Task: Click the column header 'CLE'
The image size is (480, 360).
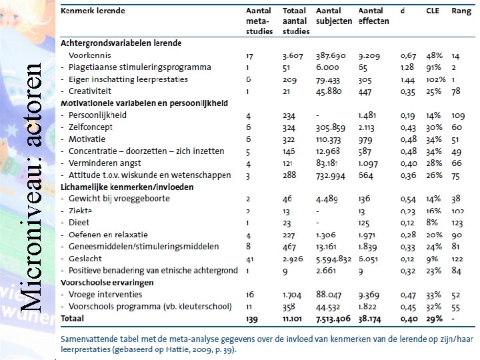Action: (433, 11)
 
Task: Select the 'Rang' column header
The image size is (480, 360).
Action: (461, 11)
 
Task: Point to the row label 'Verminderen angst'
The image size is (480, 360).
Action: (106, 163)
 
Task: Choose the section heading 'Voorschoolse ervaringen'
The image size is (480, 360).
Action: (107, 283)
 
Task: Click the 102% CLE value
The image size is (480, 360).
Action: (435, 79)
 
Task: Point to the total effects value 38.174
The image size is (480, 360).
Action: (372, 319)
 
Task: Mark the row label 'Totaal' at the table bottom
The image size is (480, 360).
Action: (73, 319)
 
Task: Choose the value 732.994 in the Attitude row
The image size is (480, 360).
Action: (333, 175)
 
